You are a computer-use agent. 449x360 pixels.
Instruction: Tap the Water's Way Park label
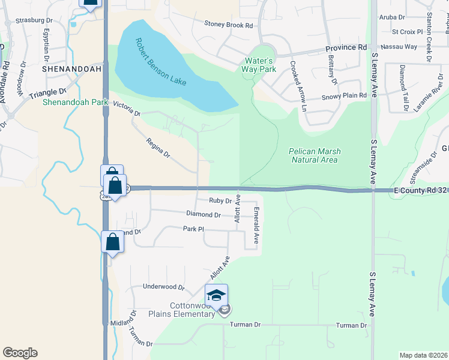point(259,65)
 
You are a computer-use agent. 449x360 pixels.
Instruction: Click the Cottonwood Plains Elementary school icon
point(216,295)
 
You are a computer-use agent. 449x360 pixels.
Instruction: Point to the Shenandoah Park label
point(75,103)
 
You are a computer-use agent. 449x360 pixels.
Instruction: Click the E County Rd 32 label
point(420,190)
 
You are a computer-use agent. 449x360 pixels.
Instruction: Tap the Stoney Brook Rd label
point(228,26)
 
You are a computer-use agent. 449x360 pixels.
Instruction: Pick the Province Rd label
point(346,47)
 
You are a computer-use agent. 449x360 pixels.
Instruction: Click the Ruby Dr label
point(216,201)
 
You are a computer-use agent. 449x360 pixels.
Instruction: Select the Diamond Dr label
point(203,214)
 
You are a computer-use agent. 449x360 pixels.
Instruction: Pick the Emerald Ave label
point(256,226)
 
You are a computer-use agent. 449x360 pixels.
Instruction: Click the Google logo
point(20,353)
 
